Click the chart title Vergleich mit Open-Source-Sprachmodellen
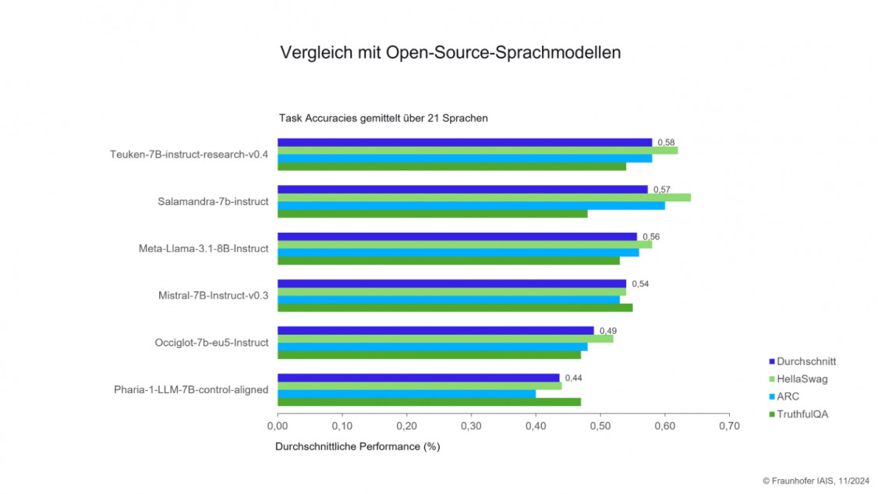click(450, 53)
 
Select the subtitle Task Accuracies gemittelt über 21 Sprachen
click(384, 118)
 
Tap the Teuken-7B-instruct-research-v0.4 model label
click(189, 154)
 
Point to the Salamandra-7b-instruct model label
click(212, 201)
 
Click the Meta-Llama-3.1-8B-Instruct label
click(200, 248)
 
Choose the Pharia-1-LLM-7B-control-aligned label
click(191, 389)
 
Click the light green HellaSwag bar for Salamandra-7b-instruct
click(483, 197)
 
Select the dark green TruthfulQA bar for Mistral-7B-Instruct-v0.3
click(455, 307)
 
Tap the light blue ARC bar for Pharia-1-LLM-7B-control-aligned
click(406, 393)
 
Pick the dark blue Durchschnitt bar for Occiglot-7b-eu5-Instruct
click(435, 330)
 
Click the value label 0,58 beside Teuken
click(666, 142)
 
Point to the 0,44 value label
click(573, 378)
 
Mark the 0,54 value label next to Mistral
click(639, 283)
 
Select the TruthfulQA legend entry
click(802, 414)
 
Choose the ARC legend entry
click(788, 396)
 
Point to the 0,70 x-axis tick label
click(728, 426)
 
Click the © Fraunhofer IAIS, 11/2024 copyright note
click(816, 482)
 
